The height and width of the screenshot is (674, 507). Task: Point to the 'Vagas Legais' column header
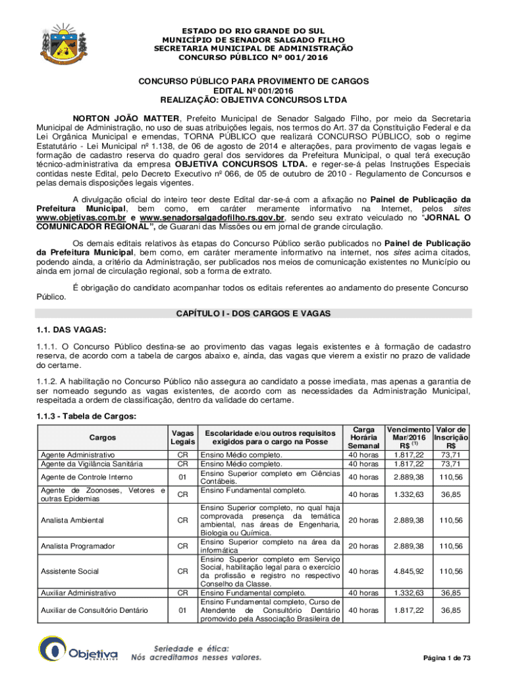coord(182,437)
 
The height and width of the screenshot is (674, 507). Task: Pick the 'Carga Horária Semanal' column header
coord(364,437)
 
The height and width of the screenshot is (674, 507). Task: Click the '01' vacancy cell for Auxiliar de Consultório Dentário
coord(182,610)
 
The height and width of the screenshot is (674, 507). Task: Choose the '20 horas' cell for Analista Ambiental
coord(363,520)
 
